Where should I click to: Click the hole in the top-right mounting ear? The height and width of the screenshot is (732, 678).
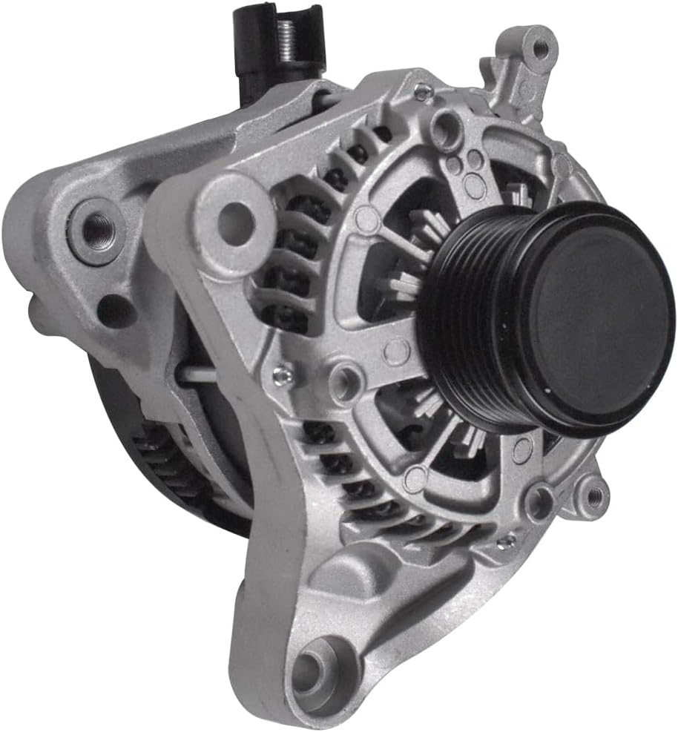coord(540,49)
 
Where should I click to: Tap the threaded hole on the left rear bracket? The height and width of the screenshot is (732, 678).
coord(96,230)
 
